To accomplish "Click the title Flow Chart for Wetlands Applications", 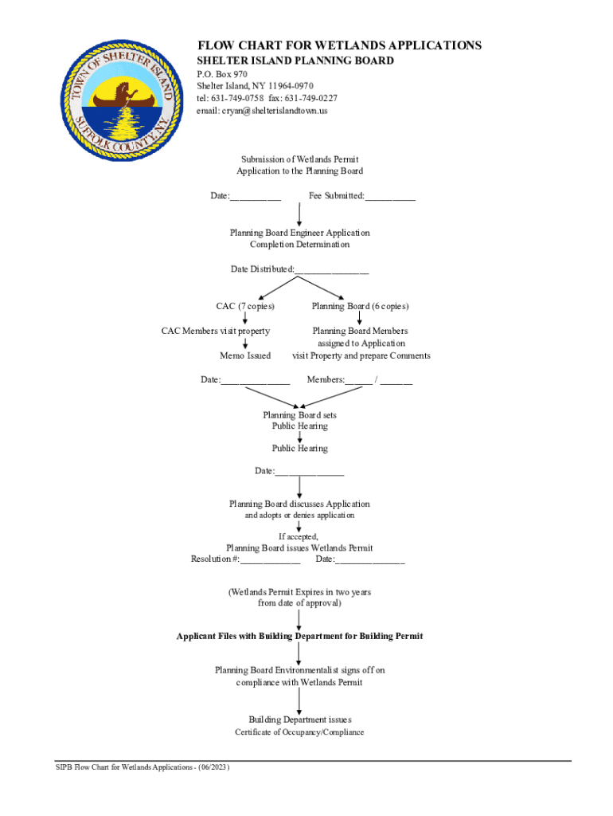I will pyautogui.click(x=339, y=45).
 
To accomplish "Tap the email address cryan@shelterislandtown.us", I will pyautogui.click(x=262, y=111).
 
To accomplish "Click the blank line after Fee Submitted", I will pyautogui.click(x=391, y=197).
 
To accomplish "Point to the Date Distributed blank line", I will pyautogui.click(x=332, y=270).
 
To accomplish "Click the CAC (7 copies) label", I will pyautogui.click(x=245, y=306).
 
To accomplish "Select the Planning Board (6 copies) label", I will pyautogui.click(x=360, y=306).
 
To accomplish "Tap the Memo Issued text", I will pyautogui.click(x=245, y=355).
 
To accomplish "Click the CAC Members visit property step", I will pyautogui.click(x=216, y=331).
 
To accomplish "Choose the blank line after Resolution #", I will pyautogui.click(x=271, y=560).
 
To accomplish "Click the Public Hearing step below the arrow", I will pyautogui.click(x=300, y=449).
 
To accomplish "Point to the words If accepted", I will pyautogui.click(x=299, y=536).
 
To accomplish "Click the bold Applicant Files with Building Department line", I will pyautogui.click(x=299, y=636).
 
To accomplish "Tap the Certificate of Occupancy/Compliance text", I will pyautogui.click(x=299, y=732).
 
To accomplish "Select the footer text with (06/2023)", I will pyautogui.click(x=143, y=767).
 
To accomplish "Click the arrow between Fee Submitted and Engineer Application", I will pyautogui.click(x=299, y=214).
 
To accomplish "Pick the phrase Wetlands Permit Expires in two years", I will pyautogui.click(x=299, y=592).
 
